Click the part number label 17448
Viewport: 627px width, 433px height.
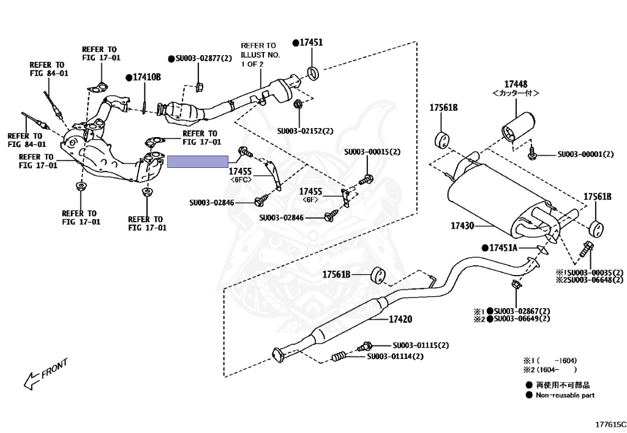click(516, 84)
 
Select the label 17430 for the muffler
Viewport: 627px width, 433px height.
click(462, 226)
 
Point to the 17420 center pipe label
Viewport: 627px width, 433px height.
click(400, 319)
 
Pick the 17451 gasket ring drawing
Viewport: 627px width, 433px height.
click(313, 73)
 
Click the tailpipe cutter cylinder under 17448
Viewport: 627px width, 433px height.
click(518, 127)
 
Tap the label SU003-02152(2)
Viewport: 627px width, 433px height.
click(305, 130)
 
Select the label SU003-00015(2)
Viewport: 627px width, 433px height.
click(372, 152)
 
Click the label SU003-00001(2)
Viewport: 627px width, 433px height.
click(585, 154)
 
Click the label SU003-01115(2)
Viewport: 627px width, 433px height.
click(421, 345)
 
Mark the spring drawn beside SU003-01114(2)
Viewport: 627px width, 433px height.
click(339, 356)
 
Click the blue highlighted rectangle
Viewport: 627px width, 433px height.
click(198, 162)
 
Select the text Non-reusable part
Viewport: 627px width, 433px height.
click(565, 395)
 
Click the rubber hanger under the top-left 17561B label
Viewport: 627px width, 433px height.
click(442, 139)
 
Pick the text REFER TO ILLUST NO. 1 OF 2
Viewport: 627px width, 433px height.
click(260, 55)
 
